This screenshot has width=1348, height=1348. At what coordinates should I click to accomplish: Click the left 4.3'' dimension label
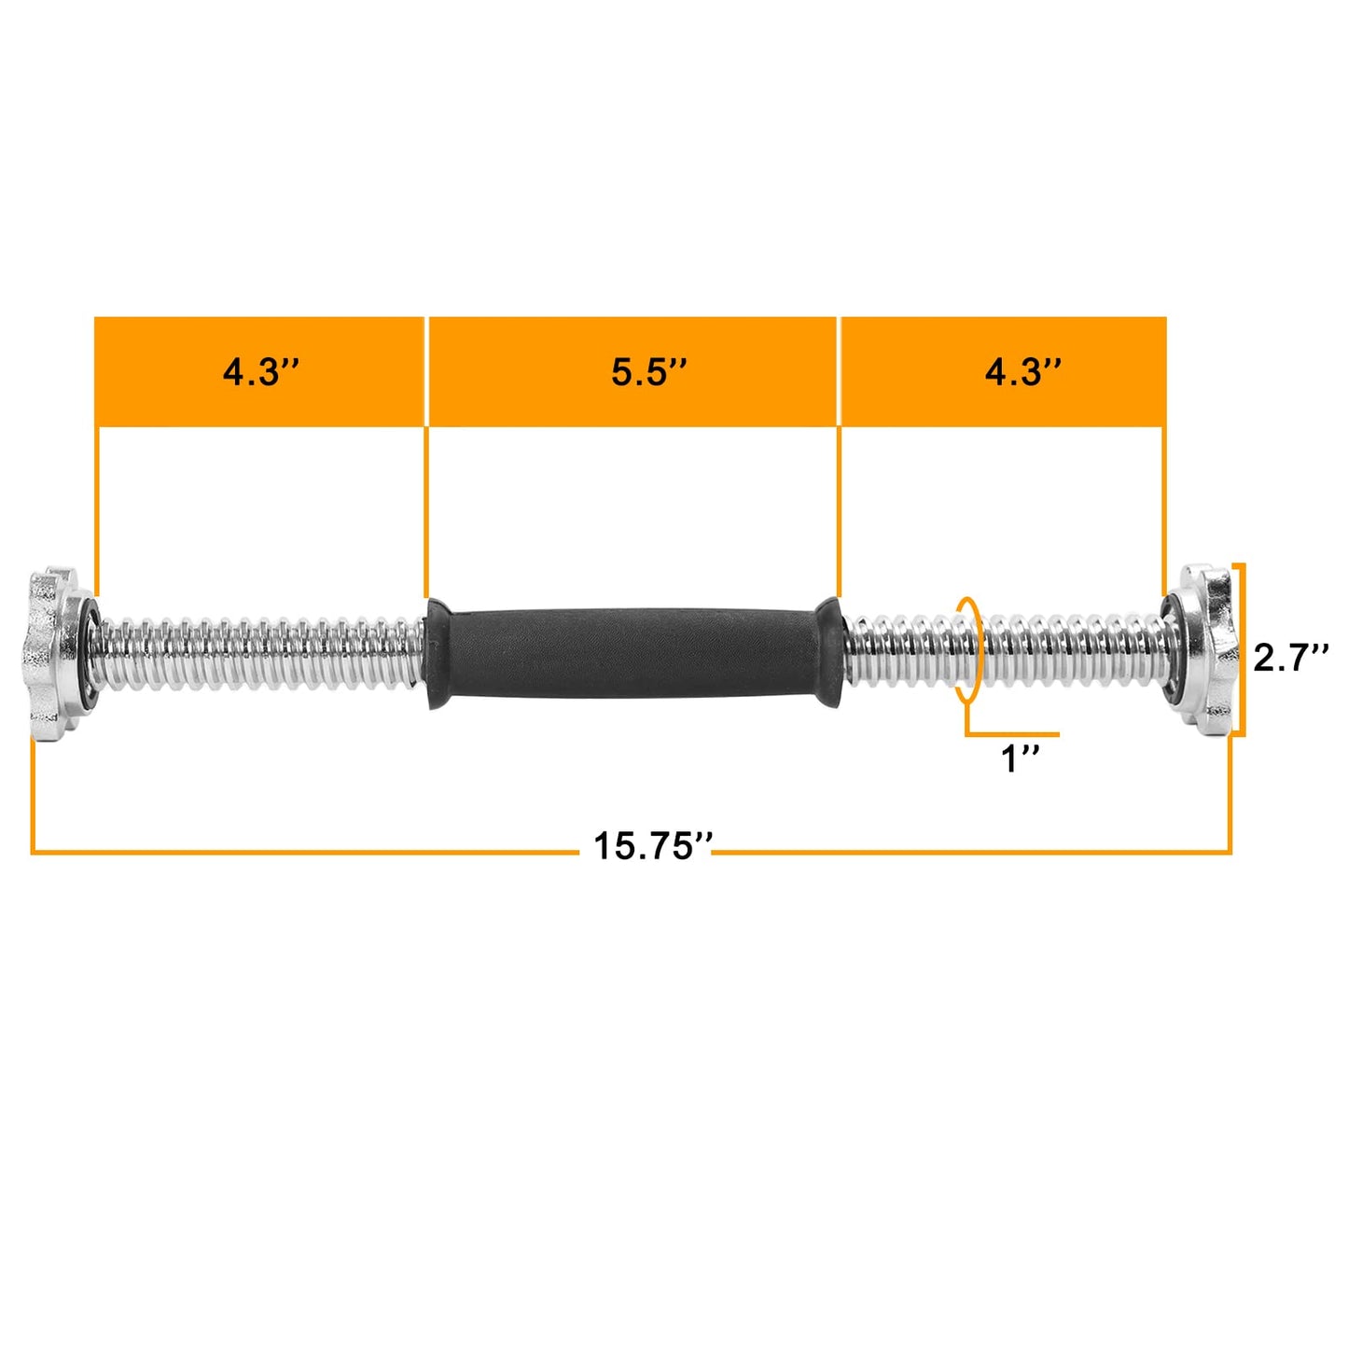(260, 372)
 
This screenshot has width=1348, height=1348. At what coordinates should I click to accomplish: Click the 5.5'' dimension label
(649, 372)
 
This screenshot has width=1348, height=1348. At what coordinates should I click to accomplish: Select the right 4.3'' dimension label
(1022, 372)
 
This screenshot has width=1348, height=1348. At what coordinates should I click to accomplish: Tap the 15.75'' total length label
(652, 846)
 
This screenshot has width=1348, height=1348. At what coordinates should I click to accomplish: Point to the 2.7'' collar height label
(1290, 658)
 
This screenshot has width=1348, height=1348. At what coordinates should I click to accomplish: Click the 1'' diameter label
(1020, 758)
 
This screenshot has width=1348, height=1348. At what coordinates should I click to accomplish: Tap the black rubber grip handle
(634, 652)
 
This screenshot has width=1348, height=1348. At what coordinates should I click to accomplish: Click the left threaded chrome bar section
(261, 652)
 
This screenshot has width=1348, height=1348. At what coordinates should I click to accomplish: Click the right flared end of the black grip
(828, 650)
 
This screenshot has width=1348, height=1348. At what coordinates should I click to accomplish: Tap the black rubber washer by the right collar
(1168, 650)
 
